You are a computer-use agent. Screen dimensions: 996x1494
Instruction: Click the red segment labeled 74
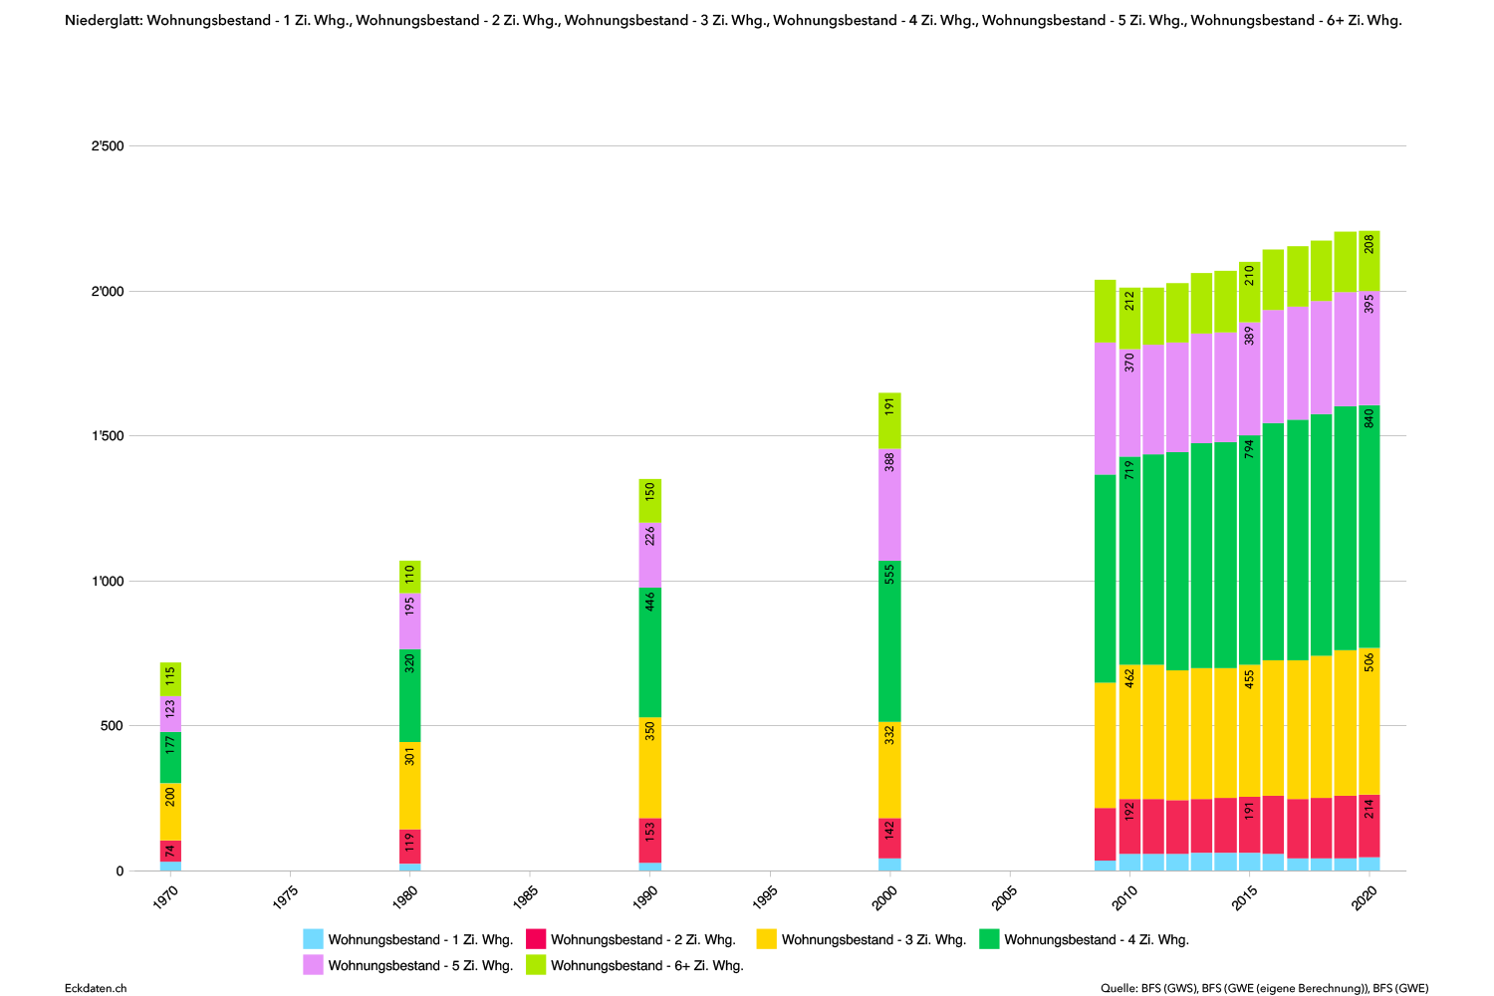(170, 851)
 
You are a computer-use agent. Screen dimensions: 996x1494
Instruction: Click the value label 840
(1369, 418)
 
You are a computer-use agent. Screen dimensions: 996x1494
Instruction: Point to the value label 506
(1369, 662)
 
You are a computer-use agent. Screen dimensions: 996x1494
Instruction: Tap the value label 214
(1369, 809)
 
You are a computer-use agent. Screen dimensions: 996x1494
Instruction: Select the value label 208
(1369, 244)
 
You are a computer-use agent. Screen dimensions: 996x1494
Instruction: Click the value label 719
(1129, 469)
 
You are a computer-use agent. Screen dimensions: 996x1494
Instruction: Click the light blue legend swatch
(313, 938)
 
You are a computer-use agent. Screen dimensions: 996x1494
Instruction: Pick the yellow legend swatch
(766, 938)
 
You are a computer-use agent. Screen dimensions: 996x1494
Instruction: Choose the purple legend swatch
(313, 964)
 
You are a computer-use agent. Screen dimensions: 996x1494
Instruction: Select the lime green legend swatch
(536, 964)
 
